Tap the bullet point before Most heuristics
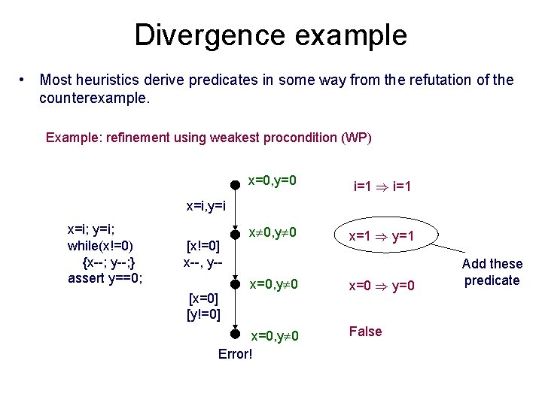(x=25, y=80)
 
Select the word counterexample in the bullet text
(x=95, y=98)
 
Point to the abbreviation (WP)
(x=356, y=138)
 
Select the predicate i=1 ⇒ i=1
(x=381, y=185)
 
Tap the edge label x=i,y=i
(x=206, y=205)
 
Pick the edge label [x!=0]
(x=203, y=246)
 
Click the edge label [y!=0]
(x=203, y=314)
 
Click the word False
(x=366, y=332)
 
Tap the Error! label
(x=235, y=353)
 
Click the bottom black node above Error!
(x=235, y=334)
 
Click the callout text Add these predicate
(x=492, y=271)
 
